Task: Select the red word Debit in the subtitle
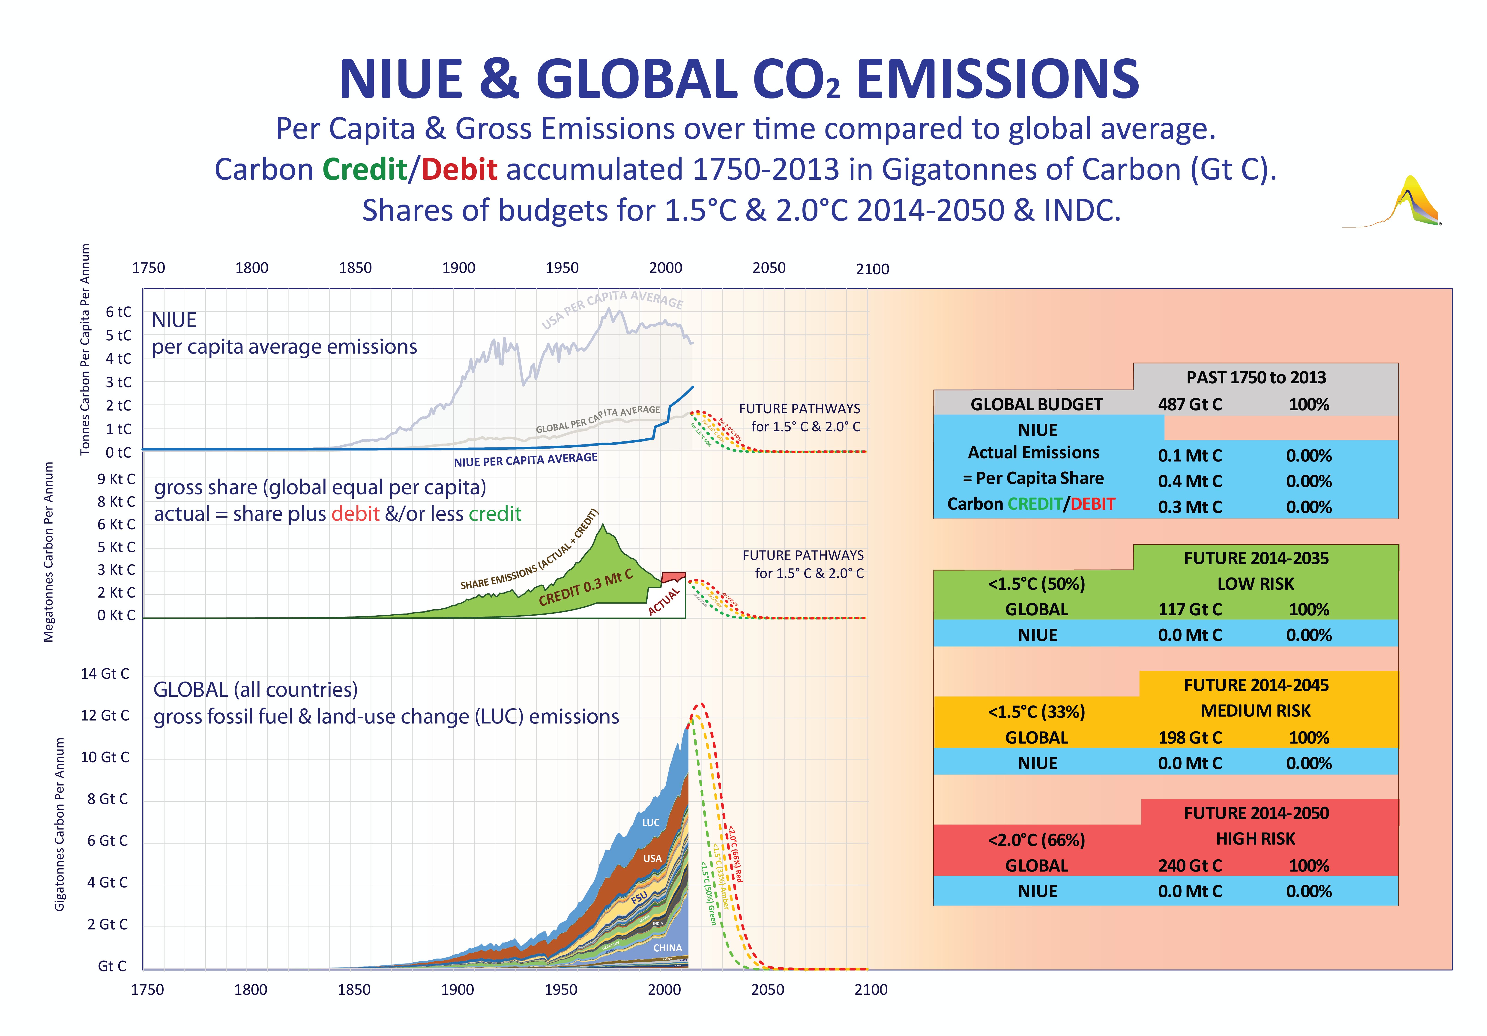pos(459,170)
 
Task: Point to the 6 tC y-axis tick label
pos(119,312)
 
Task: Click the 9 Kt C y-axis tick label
pos(117,479)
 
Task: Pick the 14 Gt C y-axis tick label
pos(105,674)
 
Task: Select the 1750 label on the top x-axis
pos(148,268)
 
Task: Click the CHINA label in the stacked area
pos(667,948)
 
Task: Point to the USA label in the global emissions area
pos(652,859)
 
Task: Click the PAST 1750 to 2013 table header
pos(1256,378)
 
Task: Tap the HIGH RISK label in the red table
pos(1255,839)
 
